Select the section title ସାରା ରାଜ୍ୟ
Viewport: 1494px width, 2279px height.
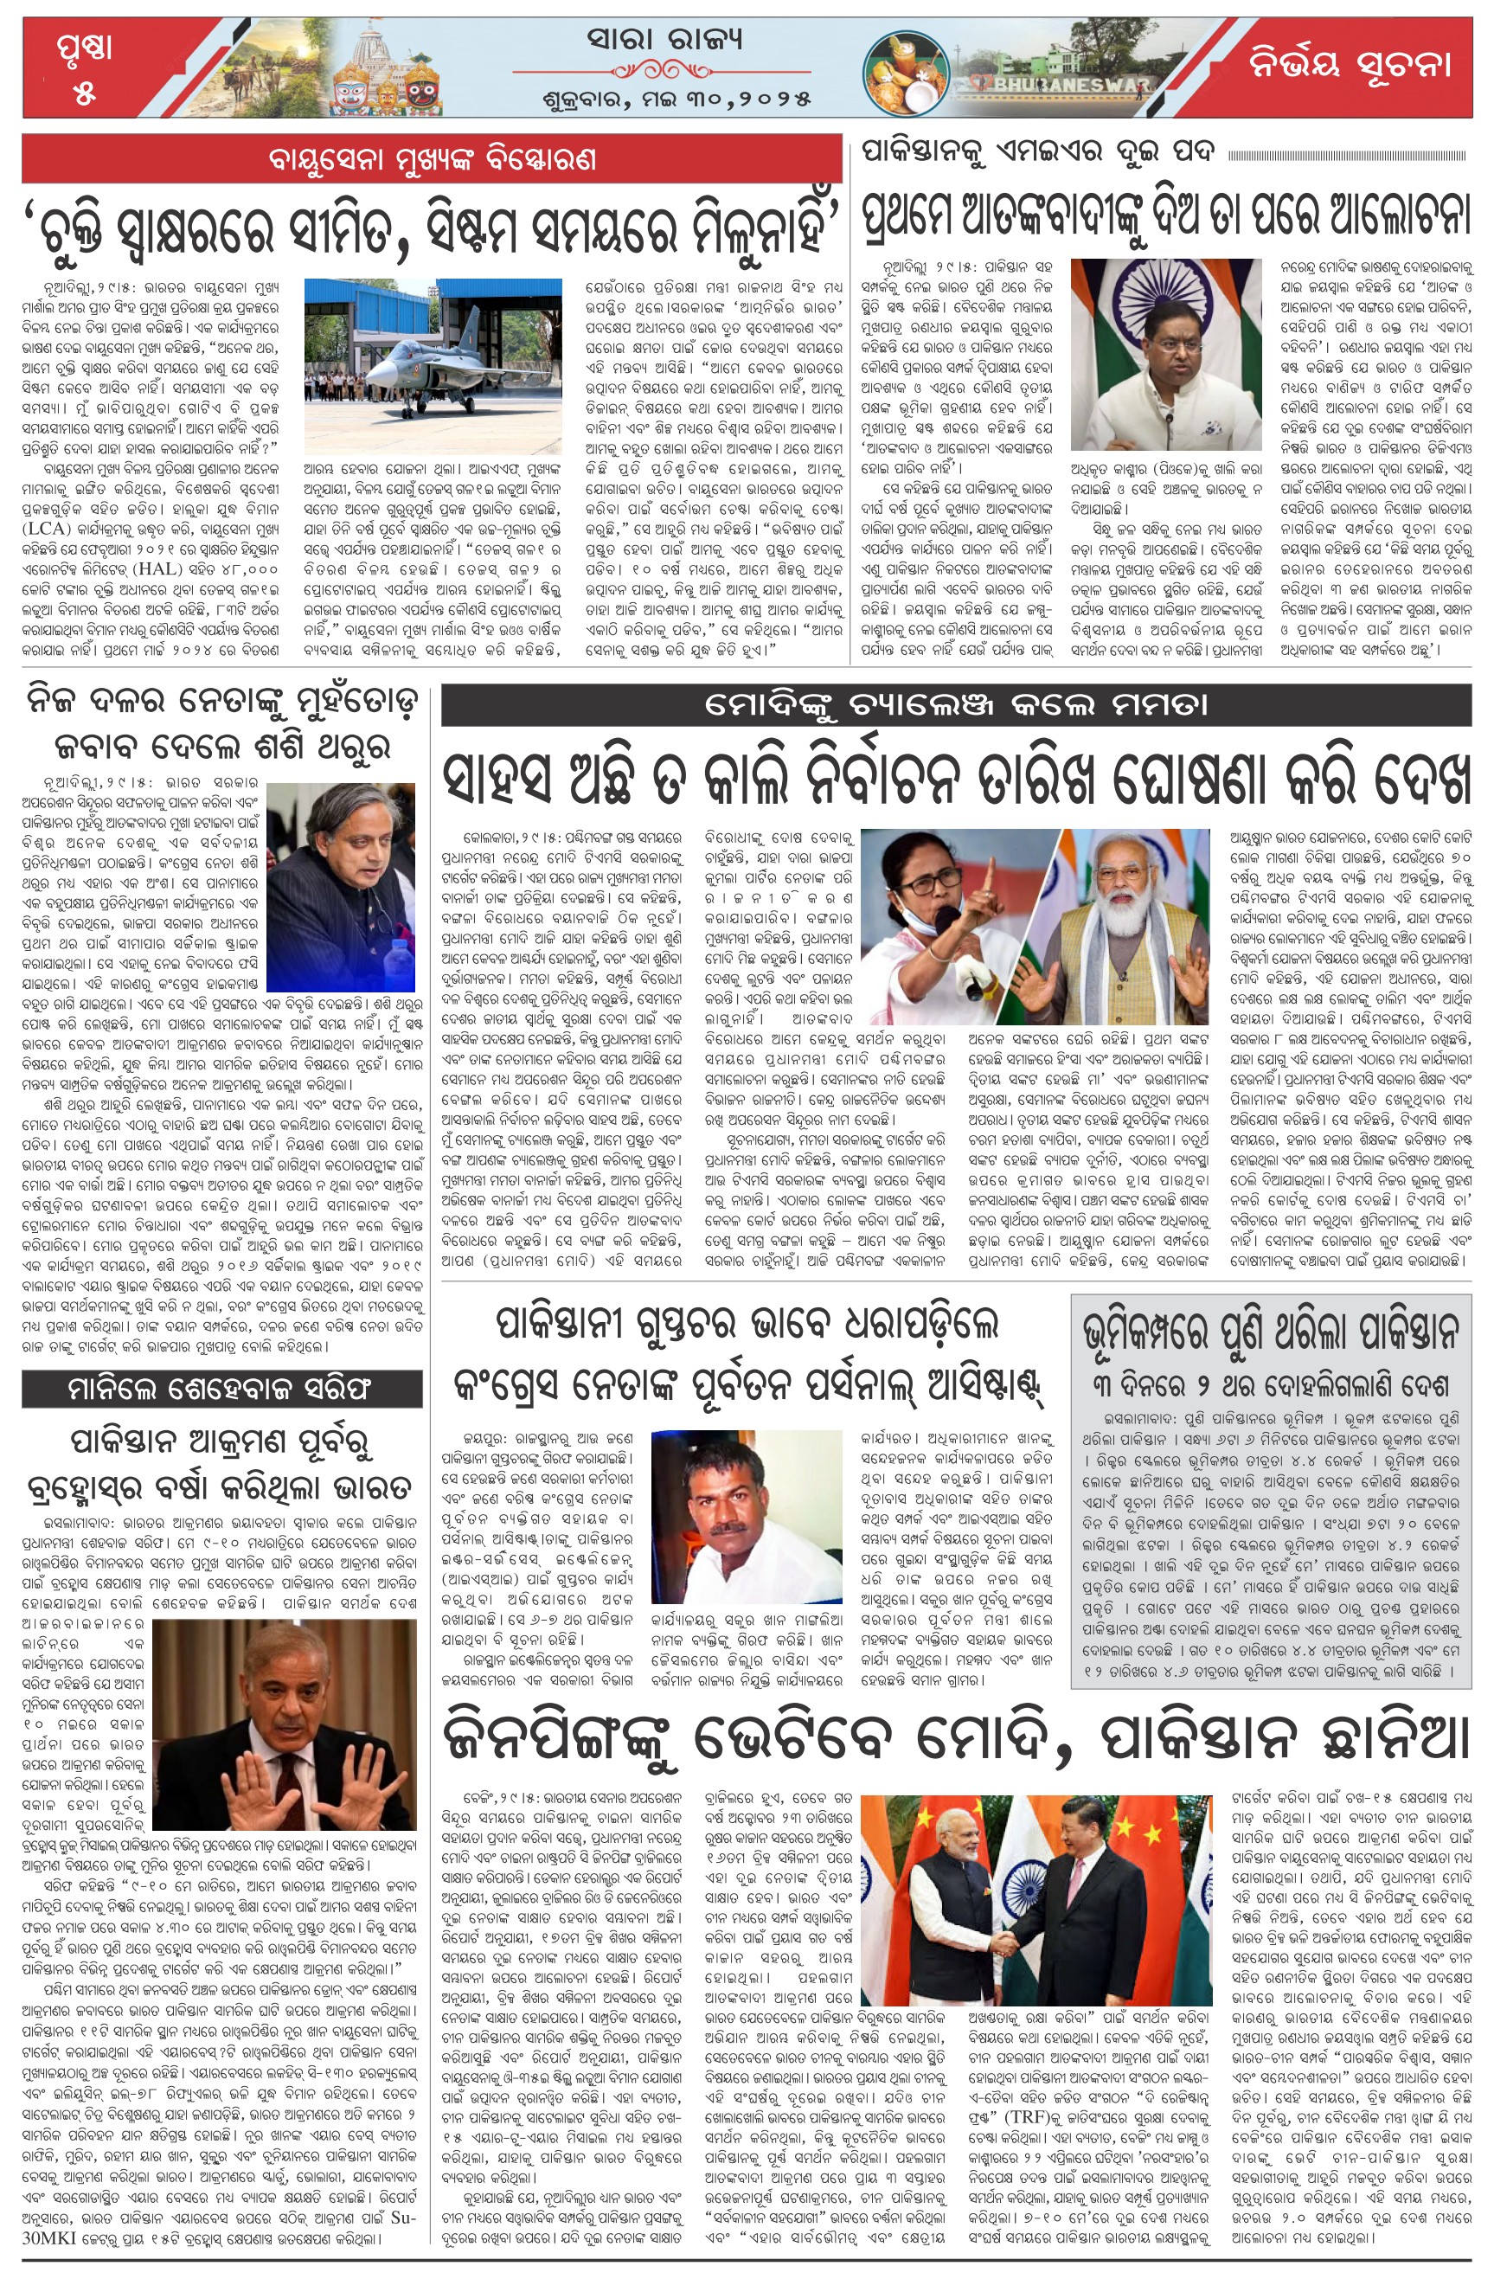point(665,40)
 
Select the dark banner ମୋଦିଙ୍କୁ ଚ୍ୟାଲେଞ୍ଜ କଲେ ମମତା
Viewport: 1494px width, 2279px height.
point(955,706)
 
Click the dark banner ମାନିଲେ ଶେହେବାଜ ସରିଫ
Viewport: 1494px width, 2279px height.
point(221,1388)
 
